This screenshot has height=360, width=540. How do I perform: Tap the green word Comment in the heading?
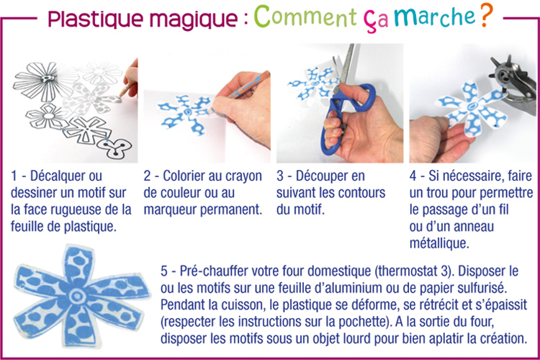[x=305, y=17]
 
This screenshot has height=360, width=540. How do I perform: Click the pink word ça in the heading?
[x=376, y=21]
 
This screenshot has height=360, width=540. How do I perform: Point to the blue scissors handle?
[x=344, y=110]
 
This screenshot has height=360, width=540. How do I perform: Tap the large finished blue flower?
[x=81, y=296]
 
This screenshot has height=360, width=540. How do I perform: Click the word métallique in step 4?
[x=439, y=243]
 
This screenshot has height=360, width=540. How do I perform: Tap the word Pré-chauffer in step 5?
[x=214, y=271]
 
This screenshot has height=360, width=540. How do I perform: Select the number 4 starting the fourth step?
[x=413, y=176]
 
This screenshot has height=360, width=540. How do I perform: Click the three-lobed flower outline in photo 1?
[x=114, y=147]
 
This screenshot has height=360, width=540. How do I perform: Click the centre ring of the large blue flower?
[x=76, y=295]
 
